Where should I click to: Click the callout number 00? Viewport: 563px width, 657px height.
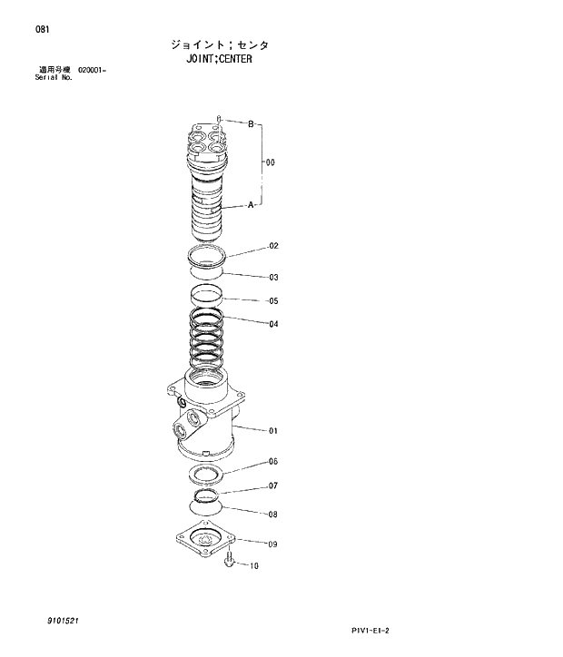click(270, 163)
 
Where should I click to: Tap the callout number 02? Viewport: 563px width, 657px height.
click(272, 246)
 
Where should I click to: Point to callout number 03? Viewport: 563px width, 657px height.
click(272, 278)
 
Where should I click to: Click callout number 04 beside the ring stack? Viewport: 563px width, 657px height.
click(272, 324)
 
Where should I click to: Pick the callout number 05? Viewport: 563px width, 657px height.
click(272, 301)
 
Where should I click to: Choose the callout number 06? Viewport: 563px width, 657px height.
click(272, 462)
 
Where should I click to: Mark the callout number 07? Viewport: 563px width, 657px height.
click(272, 486)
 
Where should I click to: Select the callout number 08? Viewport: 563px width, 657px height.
click(272, 515)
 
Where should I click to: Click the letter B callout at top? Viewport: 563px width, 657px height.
click(251, 124)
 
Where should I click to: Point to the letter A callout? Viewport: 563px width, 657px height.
click(251, 206)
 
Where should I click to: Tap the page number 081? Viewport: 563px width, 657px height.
click(42, 29)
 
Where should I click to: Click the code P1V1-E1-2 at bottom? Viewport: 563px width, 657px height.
click(375, 630)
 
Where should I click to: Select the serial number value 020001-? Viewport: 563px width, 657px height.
click(93, 71)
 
